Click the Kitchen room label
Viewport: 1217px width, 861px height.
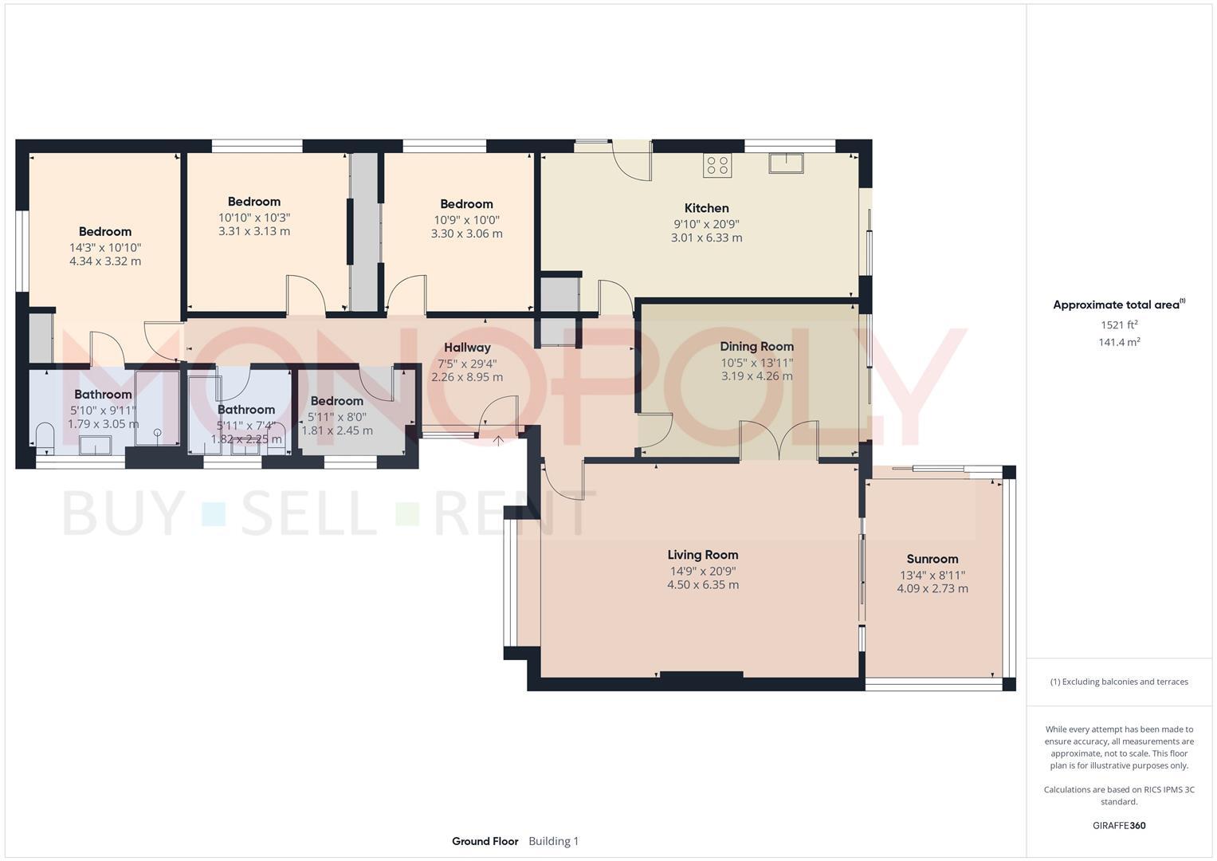point(706,208)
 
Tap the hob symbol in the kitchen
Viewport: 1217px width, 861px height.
point(716,166)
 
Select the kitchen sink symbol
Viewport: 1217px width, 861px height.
point(786,163)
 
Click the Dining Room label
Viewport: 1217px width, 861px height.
point(756,347)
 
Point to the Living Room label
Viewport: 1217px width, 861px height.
point(702,555)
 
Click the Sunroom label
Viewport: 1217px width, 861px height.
point(932,559)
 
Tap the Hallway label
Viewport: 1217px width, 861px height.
point(467,348)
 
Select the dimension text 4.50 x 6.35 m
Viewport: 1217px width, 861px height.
point(702,585)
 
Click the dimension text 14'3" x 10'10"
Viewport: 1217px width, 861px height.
point(105,247)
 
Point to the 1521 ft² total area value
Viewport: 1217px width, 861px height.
point(1118,324)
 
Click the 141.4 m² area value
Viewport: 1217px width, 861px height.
point(1118,342)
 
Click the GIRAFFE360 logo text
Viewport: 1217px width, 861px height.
point(1118,825)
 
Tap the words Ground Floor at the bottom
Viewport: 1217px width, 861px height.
point(485,841)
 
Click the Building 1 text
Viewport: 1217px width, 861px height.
point(553,841)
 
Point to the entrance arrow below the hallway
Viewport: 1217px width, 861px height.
point(498,440)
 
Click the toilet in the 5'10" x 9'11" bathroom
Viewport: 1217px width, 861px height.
point(45,438)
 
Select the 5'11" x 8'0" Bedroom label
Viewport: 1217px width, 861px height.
point(336,401)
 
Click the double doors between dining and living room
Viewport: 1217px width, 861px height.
point(779,441)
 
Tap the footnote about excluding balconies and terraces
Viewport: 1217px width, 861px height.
point(1118,682)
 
